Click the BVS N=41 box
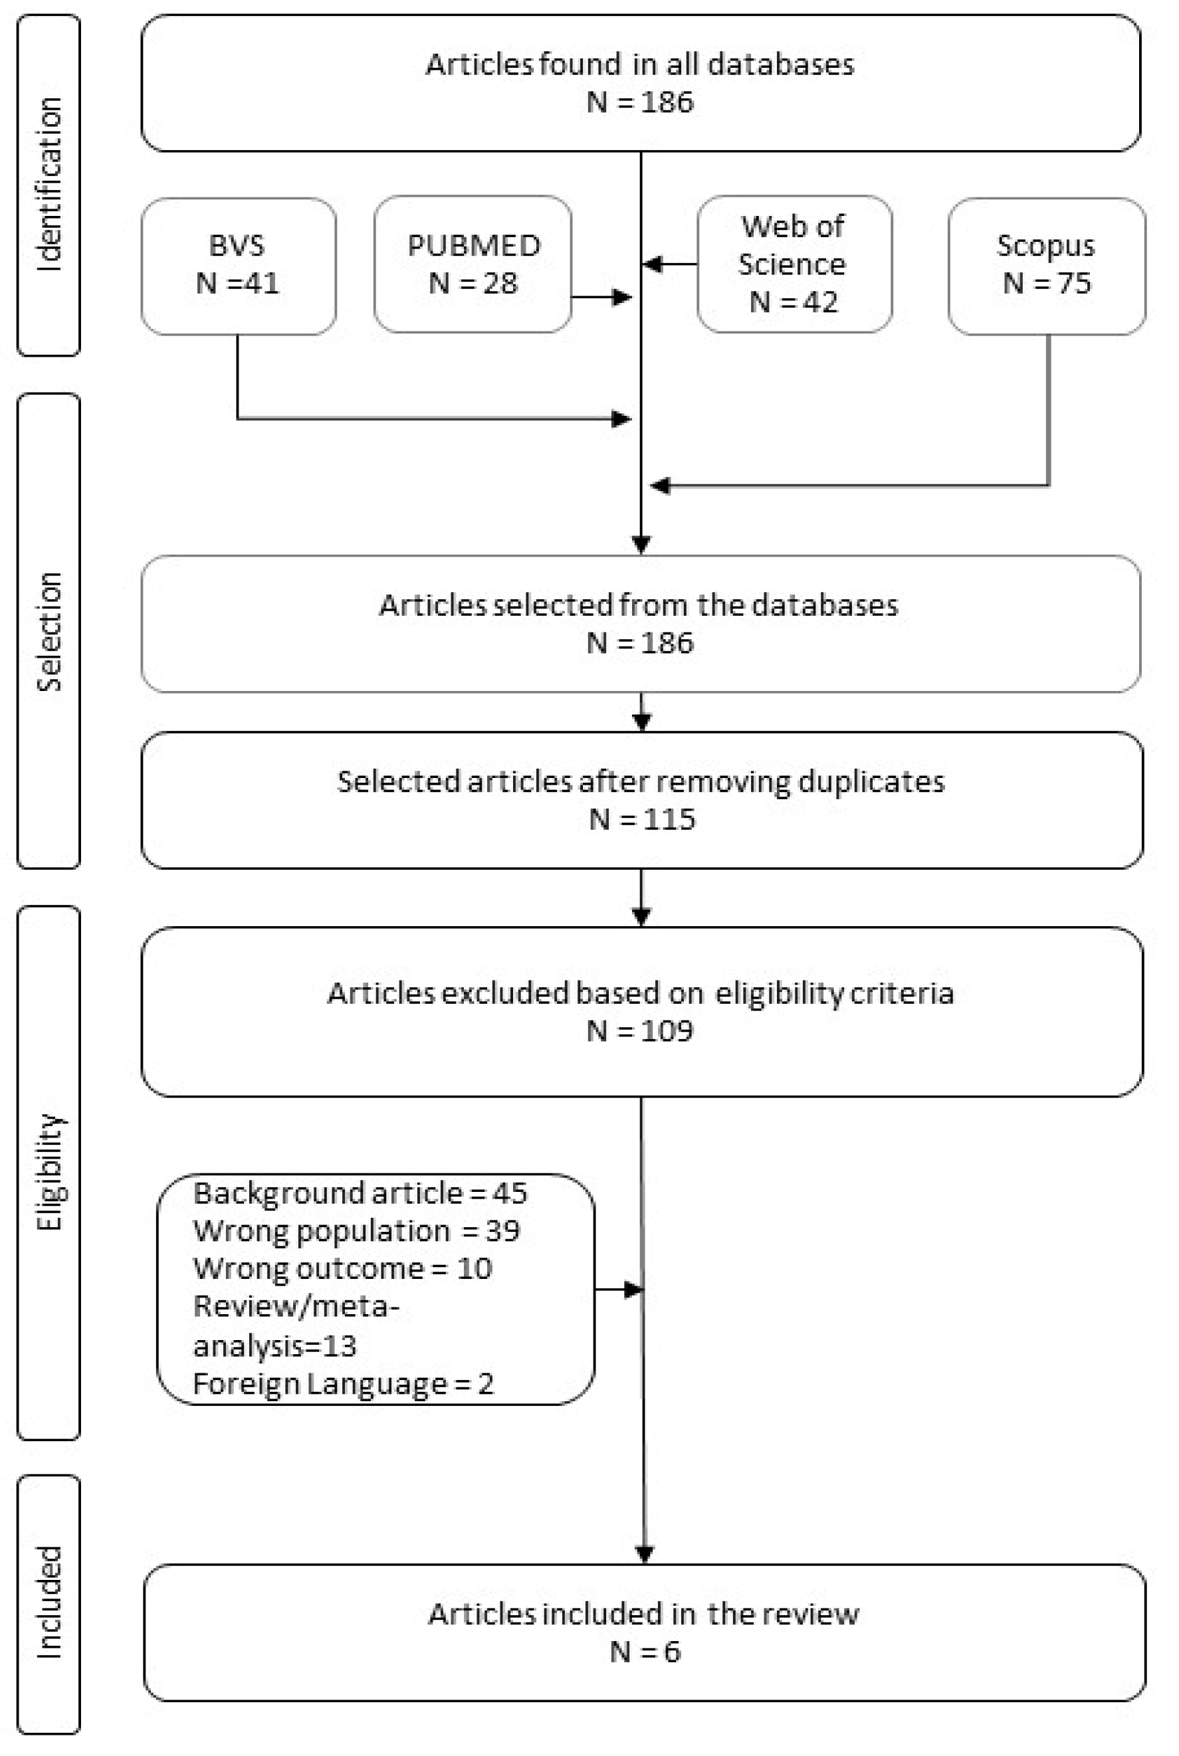239,265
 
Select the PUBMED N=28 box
473,264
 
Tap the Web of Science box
794,264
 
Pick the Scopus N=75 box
1046,265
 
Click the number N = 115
642,819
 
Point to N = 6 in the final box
645,1652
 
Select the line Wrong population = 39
356,1230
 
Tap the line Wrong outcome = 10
342,1268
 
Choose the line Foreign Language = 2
343,1383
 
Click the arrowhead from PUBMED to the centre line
623,298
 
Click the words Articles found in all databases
640,64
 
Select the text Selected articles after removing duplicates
641,781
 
